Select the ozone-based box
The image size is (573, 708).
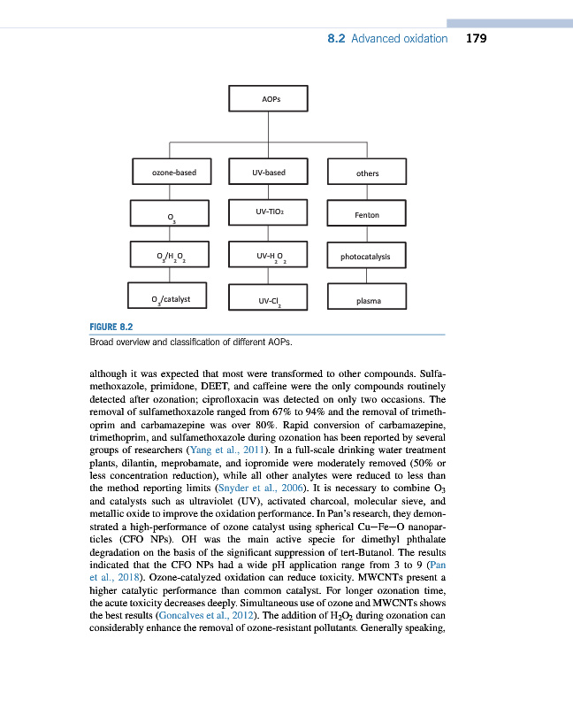pyautogui.click(x=169, y=173)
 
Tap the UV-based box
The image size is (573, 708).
pyautogui.click(x=268, y=173)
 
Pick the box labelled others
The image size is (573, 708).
pyautogui.click(x=367, y=173)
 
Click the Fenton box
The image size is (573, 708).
pyautogui.click(x=367, y=215)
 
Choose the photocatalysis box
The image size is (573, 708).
pyautogui.click(x=367, y=258)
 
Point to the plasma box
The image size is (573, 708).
pyautogui.click(x=367, y=300)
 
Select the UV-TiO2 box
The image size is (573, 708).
pyautogui.click(x=268, y=212)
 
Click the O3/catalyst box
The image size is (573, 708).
pyautogui.click(x=169, y=298)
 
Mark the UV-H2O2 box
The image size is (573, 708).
pyautogui.click(x=268, y=257)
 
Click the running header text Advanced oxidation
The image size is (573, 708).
pyautogui.click(x=400, y=39)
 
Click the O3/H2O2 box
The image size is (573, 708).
pyautogui.click(x=169, y=258)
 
